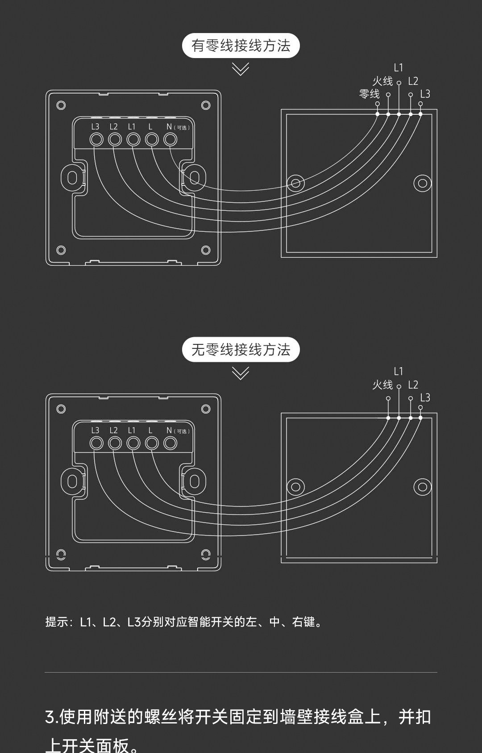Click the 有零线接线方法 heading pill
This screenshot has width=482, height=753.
(241, 46)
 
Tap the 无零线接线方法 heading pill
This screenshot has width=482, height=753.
(241, 350)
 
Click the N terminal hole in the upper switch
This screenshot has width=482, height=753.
(170, 139)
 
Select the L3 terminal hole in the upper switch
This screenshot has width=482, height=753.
(96, 139)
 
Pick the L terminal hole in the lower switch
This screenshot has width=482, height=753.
(152, 443)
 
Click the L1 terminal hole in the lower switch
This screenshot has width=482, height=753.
(133, 443)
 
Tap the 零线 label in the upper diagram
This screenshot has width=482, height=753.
(369, 94)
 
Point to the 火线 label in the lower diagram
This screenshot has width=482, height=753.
(382, 385)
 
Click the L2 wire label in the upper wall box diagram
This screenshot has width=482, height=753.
(413, 81)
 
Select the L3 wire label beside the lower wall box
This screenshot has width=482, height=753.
(425, 397)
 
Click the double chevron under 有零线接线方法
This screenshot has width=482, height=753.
(241, 69)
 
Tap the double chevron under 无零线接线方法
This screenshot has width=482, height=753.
(241, 373)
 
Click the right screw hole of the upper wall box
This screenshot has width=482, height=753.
(422, 183)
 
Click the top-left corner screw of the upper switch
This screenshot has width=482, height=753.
(61, 105)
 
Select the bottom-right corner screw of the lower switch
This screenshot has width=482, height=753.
(206, 554)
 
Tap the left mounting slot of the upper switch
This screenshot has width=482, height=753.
(71, 178)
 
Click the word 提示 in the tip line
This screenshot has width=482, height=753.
(56, 622)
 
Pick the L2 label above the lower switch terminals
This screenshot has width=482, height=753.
(113, 430)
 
